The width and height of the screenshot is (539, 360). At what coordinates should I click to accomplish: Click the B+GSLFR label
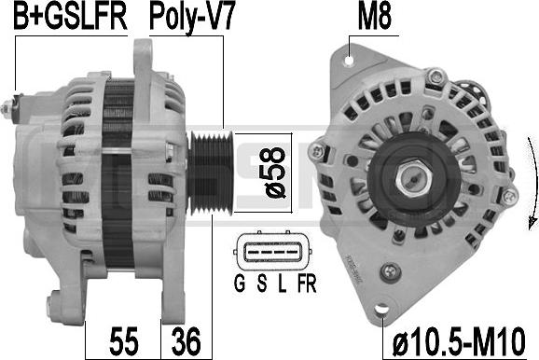[70, 17]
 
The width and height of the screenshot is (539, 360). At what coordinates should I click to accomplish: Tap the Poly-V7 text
[192, 19]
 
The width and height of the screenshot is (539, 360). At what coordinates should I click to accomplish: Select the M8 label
[374, 17]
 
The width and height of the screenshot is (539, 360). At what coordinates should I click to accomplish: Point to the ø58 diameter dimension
[276, 173]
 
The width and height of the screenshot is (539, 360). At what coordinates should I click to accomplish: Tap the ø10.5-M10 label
[459, 341]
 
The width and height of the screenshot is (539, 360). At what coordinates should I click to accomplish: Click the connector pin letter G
[240, 284]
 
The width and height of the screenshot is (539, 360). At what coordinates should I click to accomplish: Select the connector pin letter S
[262, 284]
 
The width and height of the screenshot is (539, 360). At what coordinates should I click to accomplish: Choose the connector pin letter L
[283, 284]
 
